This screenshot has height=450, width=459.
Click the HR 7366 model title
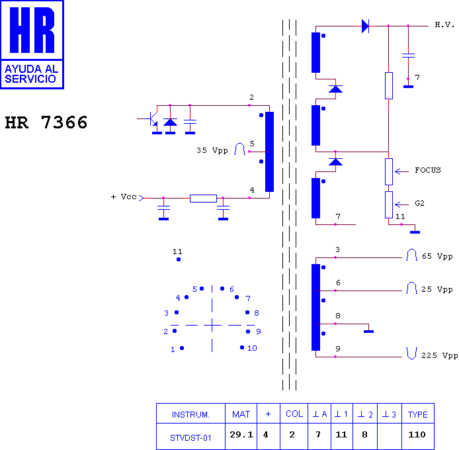coord(46,122)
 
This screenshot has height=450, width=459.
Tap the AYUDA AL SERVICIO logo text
coord(32,74)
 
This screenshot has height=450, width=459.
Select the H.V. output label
coord(444,24)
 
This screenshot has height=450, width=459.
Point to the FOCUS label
coord(428,170)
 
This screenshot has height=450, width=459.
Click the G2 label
coord(419,203)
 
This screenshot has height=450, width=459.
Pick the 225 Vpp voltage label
coord(439,355)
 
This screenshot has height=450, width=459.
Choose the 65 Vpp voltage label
coord(437,256)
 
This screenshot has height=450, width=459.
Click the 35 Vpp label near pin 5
coord(212,151)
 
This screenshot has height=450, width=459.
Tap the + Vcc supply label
coord(124,197)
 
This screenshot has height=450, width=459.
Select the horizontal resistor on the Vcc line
coord(203,199)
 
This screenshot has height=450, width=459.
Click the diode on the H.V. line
coord(365,26)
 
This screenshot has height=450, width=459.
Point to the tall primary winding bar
coord(269,152)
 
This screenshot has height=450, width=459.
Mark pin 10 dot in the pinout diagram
coord(242,347)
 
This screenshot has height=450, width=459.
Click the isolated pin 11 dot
coord(179,259)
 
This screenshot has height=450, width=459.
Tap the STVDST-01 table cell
coord(190,437)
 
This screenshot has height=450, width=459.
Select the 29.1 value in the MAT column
coord(241,435)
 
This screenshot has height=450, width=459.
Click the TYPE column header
coord(418,414)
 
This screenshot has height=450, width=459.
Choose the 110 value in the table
coord(417,435)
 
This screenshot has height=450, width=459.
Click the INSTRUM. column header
coord(190,415)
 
